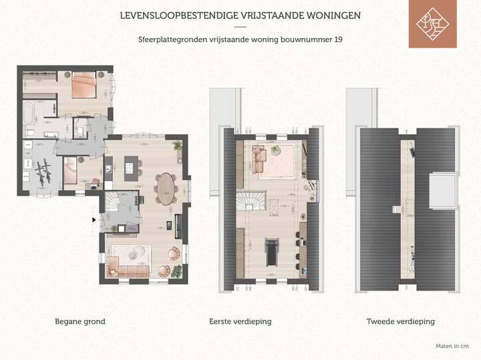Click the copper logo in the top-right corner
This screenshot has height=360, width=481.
[x=432, y=24]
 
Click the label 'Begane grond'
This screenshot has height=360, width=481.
[x=79, y=321]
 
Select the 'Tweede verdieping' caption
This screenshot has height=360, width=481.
[x=400, y=321]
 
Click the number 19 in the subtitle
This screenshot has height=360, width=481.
[x=339, y=39]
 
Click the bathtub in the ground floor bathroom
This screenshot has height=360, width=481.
[x=32, y=114]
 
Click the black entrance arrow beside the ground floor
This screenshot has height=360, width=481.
[x=94, y=218]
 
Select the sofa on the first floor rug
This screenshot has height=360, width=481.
[x=259, y=159]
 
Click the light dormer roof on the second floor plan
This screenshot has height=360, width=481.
[x=442, y=190]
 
